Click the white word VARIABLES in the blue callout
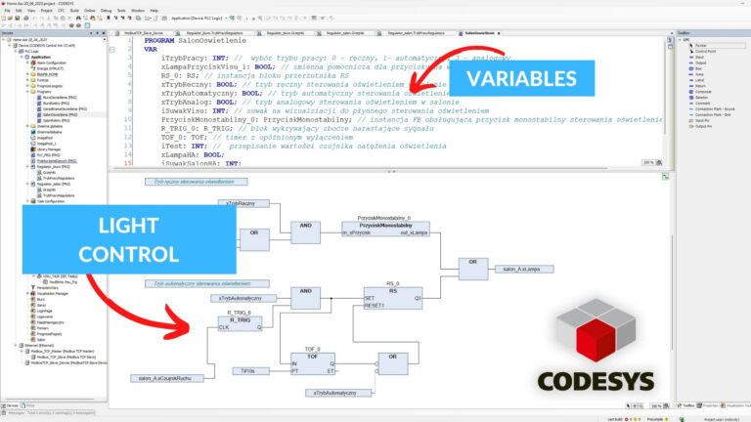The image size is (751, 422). pyautogui.click(x=533, y=79)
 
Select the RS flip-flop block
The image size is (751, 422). pyautogui.click(x=392, y=299)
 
